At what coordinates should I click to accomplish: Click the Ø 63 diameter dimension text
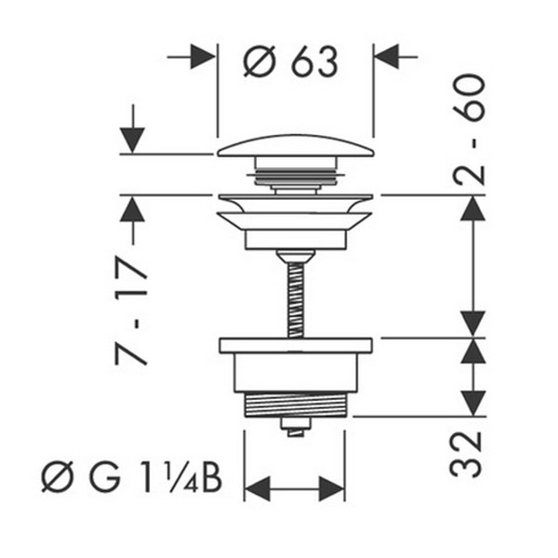coord(290,62)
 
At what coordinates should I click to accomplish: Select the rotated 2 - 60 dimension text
coord(469,129)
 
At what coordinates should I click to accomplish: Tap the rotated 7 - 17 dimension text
coord(130,312)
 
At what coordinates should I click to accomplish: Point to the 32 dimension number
coord(466,454)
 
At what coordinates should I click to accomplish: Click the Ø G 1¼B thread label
coord(132,476)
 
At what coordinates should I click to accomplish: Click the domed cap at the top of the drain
coord(296,146)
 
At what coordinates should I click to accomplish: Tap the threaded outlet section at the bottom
coord(295,405)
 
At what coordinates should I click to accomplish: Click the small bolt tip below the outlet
coord(296,427)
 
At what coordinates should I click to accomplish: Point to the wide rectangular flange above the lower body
coord(296,346)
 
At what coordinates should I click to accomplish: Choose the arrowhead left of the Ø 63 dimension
coord(203,57)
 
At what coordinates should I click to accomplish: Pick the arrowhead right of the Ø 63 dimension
coord(387,57)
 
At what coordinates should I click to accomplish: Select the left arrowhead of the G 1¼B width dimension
coord(258,489)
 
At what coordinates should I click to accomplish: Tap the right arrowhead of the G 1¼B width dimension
coord(332,489)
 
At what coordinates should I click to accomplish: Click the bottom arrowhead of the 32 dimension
coord(473,403)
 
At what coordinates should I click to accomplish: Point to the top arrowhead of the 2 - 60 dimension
coord(473,207)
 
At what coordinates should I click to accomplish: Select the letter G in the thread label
coord(104,476)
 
